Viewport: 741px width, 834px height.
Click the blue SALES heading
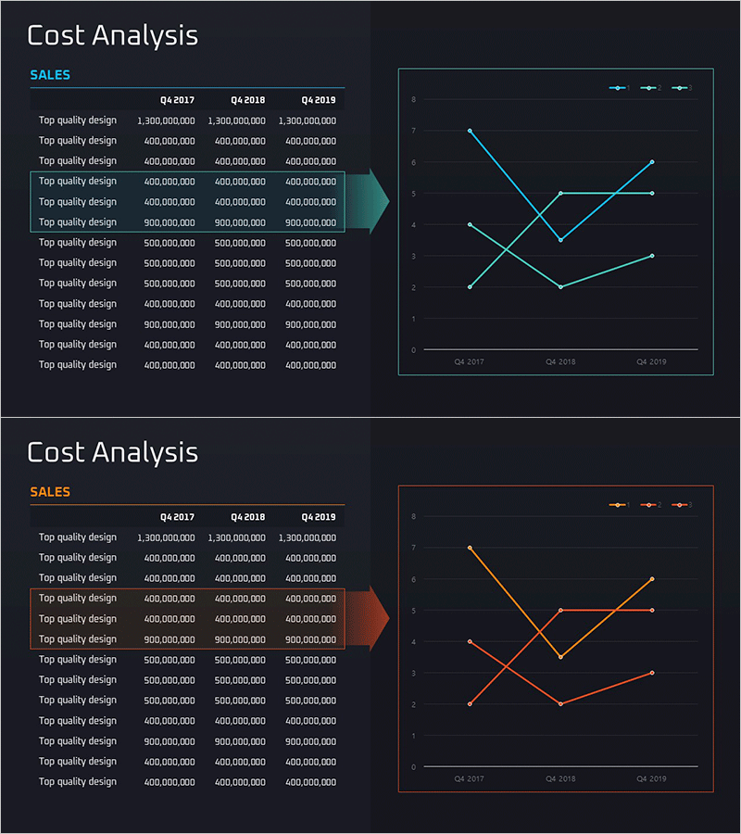click(x=50, y=75)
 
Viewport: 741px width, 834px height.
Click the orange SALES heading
click(x=50, y=492)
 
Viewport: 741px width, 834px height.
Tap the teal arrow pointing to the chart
click(x=375, y=201)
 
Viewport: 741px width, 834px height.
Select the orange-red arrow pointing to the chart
click(x=375, y=618)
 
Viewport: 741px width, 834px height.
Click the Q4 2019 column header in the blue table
click(x=318, y=100)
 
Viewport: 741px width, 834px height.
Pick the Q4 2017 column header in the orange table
click(x=177, y=517)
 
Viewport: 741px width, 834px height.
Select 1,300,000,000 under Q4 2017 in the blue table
click(x=166, y=120)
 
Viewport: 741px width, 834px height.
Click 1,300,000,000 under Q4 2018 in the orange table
click(x=236, y=537)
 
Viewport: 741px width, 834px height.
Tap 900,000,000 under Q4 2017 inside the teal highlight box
click(x=170, y=222)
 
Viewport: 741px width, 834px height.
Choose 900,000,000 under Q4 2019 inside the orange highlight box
click(x=310, y=639)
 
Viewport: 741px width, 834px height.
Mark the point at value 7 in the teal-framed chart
click(x=470, y=131)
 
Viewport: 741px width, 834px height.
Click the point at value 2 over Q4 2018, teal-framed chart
click(x=560, y=287)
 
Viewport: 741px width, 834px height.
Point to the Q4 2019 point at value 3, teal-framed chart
click(x=651, y=256)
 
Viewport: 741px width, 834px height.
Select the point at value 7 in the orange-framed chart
click(x=470, y=548)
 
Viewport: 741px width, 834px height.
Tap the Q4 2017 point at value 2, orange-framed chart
click(x=470, y=704)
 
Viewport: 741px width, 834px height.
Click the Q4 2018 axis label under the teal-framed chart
click(x=560, y=361)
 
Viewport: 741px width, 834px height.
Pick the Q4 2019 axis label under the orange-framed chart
click(x=651, y=778)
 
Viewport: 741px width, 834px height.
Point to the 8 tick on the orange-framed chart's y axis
click(x=413, y=516)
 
